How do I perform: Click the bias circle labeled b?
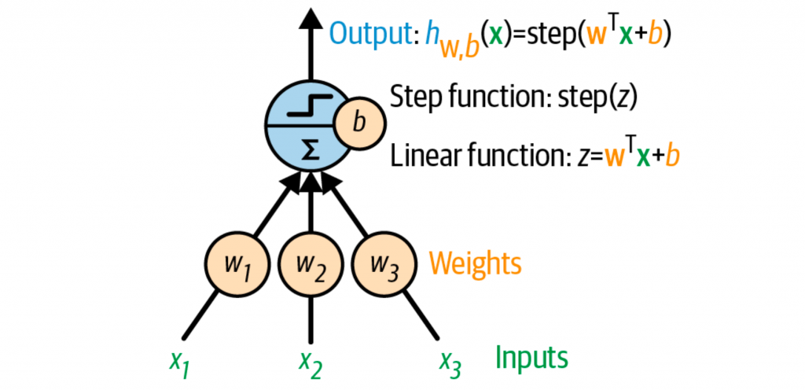359,123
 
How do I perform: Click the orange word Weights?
475,263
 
